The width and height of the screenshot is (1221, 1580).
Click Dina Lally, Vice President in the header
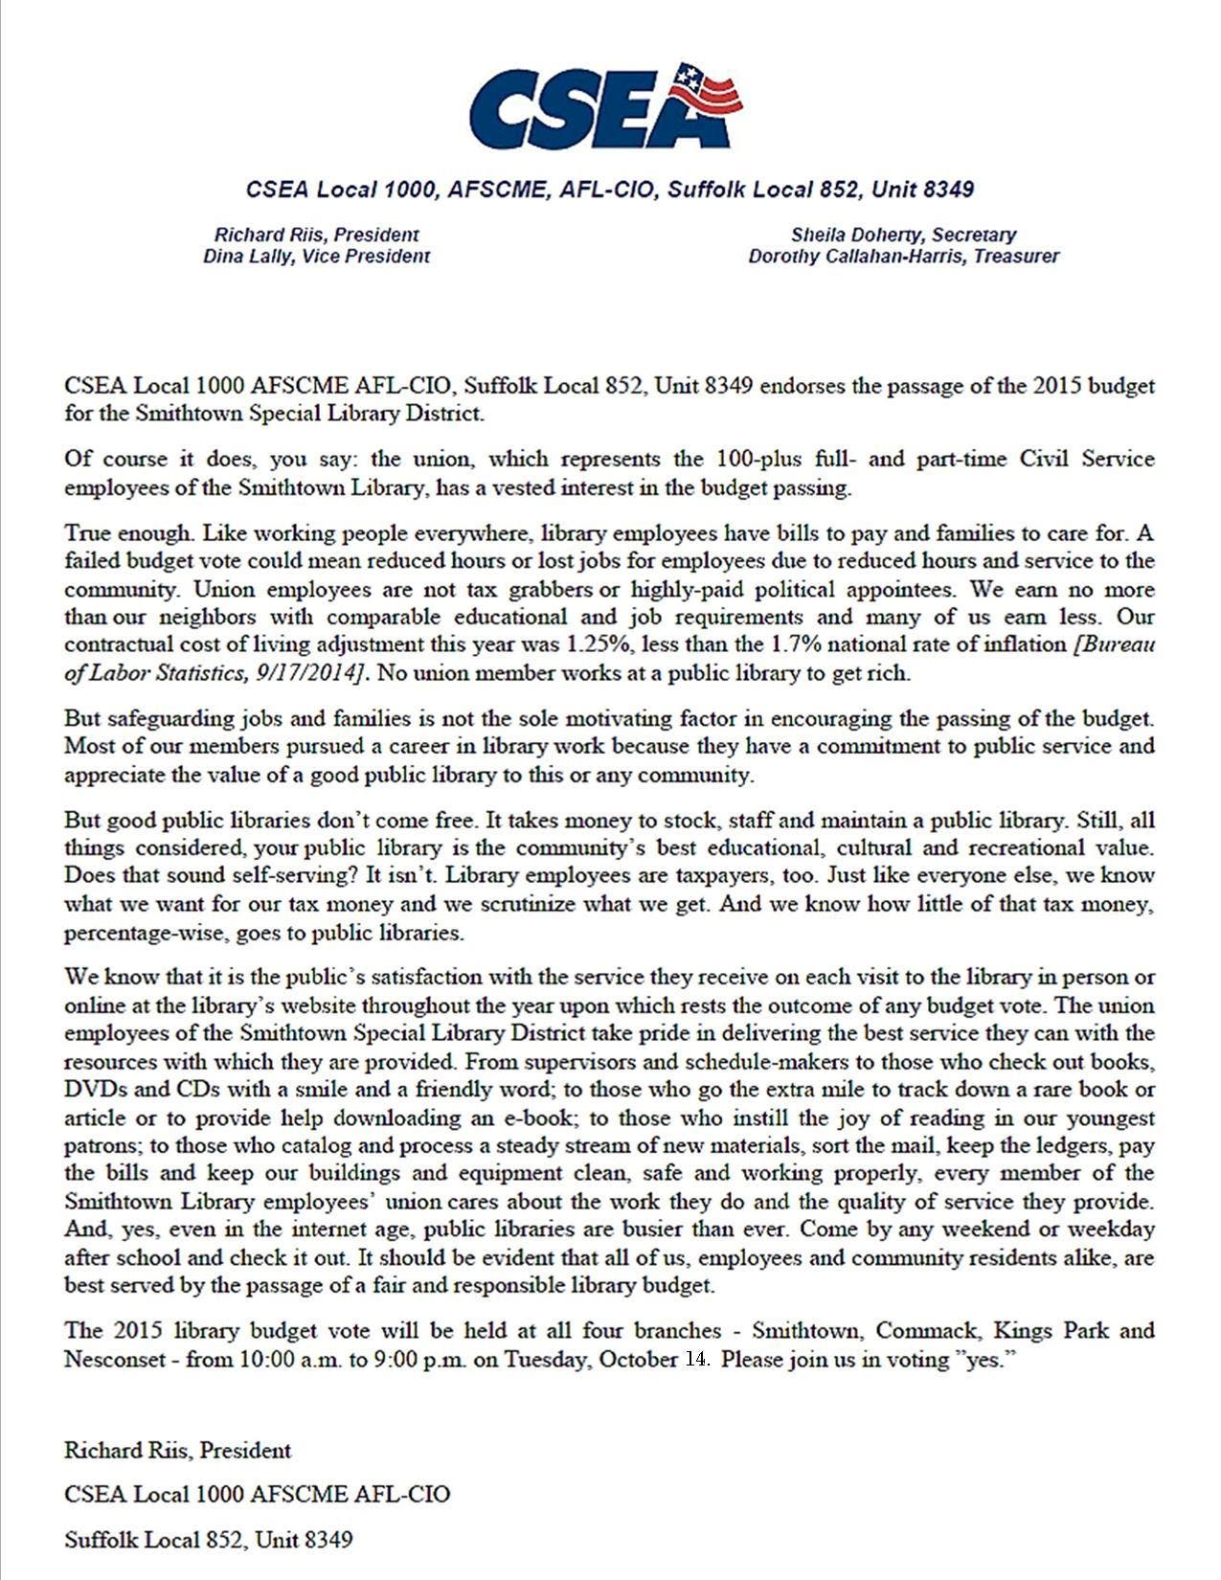pyautogui.click(x=316, y=257)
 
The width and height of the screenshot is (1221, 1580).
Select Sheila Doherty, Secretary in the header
pyautogui.click(x=903, y=235)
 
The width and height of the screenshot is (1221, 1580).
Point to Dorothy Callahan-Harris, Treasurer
pyautogui.click(x=903, y=257)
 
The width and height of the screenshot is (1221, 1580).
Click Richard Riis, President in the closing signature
pyautogui.click(x=177, y=1450)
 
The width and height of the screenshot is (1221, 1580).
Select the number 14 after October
pyautogui.click(x=695, y=1359)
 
